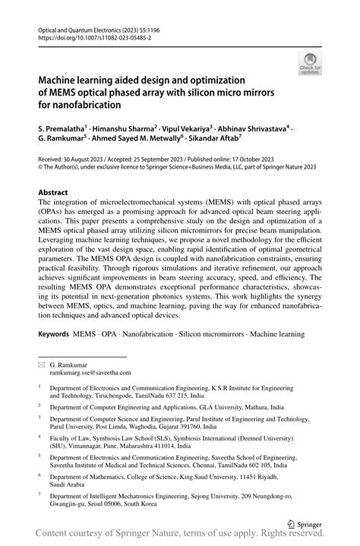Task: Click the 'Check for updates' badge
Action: [310, 64]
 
